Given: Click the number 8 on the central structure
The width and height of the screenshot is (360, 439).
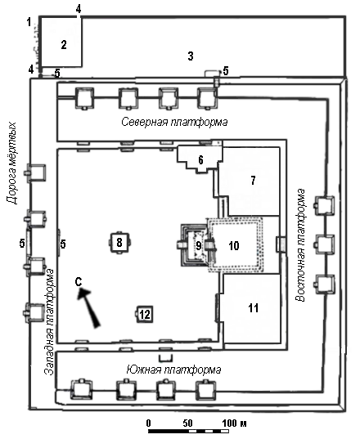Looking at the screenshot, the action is [x=119, y=242].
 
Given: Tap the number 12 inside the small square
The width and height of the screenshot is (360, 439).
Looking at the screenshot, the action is [x=145, y=315].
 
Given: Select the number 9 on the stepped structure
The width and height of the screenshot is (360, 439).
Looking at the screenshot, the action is [x=198, y=245].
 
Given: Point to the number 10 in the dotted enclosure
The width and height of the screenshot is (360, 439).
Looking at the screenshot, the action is [x=234, y=245].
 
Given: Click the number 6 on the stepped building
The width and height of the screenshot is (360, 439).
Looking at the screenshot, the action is [x=200, y=160].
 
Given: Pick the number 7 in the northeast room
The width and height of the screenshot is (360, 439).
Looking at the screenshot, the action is [x=254, y=181].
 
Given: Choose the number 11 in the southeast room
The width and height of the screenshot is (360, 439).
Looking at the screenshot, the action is [x=254, y=308].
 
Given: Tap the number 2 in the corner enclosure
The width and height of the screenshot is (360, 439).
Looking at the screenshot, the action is [x=64, y=44].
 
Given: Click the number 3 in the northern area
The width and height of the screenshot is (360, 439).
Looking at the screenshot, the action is [x=191, y=56].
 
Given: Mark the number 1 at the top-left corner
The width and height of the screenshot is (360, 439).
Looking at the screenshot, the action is [x=29, y=22].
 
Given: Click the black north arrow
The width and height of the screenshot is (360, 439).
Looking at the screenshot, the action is [x=89, y=308].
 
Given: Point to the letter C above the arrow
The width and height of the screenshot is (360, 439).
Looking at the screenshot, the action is [x=79, y=282].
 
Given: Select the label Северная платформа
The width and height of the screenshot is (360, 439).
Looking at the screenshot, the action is [x=174, y=122].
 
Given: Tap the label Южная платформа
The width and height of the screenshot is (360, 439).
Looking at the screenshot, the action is [x=173, y=370].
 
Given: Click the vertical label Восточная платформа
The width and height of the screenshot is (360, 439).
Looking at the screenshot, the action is [x=300, y=245].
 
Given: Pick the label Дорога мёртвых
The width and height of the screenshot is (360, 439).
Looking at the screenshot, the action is [x=11, y=164].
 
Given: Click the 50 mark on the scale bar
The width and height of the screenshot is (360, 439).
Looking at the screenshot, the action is [x=187, y=423].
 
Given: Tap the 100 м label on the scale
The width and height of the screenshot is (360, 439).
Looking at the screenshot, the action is [x=235, y=423].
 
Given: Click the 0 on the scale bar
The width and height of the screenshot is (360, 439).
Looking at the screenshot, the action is [x=148, y=423].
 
